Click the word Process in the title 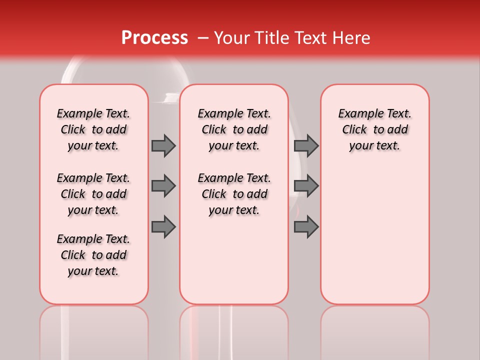coord(154,38)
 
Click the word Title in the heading coord(270,38)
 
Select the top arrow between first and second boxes coord(163,145)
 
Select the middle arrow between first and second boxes coord(163,186)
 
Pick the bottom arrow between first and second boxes coord(163,227)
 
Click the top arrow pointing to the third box coord(306,145)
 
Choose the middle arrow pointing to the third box coord(306,186)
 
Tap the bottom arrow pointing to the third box coord(306,227)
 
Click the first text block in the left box coord(93,129)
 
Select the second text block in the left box coord(93,194)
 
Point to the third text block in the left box coord(93,255)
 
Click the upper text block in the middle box coord(234,129)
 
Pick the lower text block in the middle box coord(234,194)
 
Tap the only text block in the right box coord(374,129)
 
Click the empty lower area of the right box coord(374,235)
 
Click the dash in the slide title coord(203,38)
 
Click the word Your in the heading coord(231,38)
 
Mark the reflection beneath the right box coord(374,330)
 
